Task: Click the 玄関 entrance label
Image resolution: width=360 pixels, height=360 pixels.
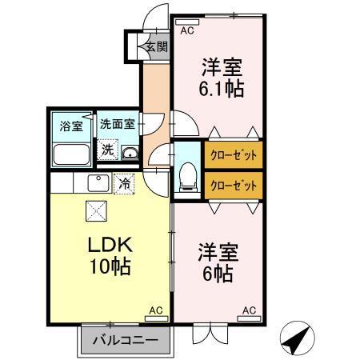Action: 156,46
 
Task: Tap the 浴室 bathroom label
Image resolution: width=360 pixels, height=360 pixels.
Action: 71,126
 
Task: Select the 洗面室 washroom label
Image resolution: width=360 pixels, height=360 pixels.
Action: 118,125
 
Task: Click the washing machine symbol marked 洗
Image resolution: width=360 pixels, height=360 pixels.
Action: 106,149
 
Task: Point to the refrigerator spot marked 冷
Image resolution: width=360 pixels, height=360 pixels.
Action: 124,183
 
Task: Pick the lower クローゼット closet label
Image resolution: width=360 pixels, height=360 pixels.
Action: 234,185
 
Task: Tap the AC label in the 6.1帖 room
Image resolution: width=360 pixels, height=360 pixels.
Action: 186,31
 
